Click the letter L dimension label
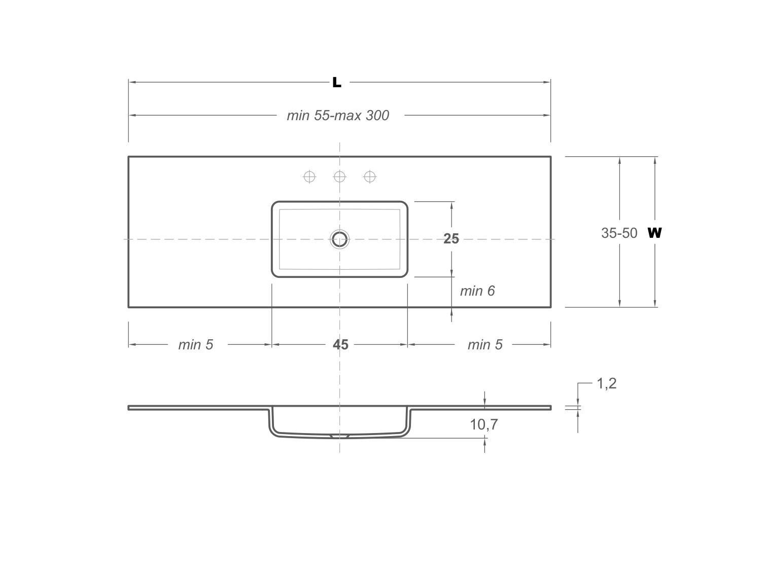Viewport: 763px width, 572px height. pyautogui.click(x=336, y=83)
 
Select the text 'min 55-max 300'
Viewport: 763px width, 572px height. pyautogui.click(x=338, y=116)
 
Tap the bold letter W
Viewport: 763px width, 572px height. pyautogui.click(x=654, y=233)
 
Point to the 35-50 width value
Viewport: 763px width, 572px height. pyautogui.click(x=619, y=233)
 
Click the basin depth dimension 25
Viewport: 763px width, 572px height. pyautogui.click(x=451, y=238)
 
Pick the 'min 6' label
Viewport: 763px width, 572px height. pyautogui.click(x=477, y=291)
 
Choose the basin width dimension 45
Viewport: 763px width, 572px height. pyautogui.click(x=340, y=345)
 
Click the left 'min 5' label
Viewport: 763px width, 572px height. pyautogui.click(x=196, y=345)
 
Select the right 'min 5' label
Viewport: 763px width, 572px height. pyautogui.click(x=485, y=345)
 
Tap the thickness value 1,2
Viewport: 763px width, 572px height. pyautogui.click(x=606, y=383)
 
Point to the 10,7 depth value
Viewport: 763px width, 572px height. pyautogui.click(x=484, y=424)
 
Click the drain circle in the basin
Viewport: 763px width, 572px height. pyautogui.click(x=339, y=239)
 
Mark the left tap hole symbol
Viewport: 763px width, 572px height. pyautogui.click(x=309, y=176)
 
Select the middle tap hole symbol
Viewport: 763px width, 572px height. pyautogui.click(x=339, y=176)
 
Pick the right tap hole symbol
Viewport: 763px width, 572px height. pyautogui.click(x=370, y=176)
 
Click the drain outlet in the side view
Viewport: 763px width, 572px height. pyautogui.click(x=339, y=436)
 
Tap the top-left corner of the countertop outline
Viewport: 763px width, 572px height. pyautogui.click(x=128, y=157)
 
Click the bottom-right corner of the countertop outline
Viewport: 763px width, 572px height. pyautogui.click(x=550, y=307)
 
